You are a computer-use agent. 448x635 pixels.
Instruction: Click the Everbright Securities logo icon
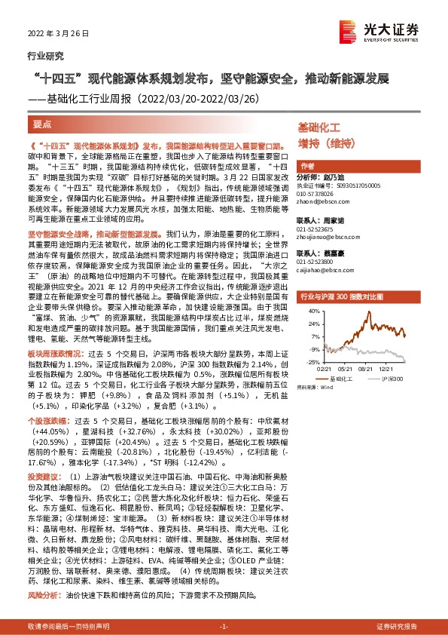[348, 30]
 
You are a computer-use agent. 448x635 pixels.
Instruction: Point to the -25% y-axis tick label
[306, 362]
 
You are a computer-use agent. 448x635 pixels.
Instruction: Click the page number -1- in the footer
[224, 627]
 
